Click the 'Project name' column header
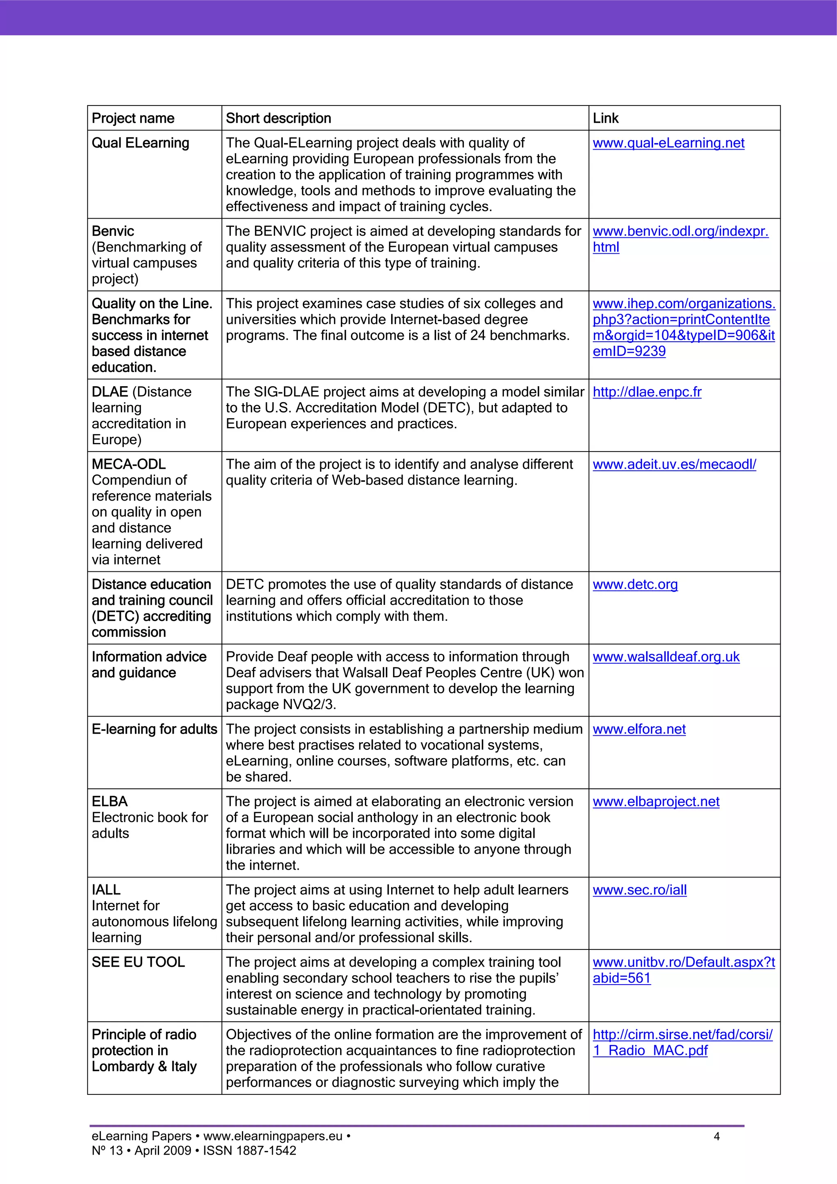pyautogui.click(x=133, y=119)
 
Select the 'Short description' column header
pyautogui.click(x=278, y=119)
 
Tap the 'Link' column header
pyautogui.click(x=605, y=119)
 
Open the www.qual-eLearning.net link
pyautogui.click(x=668, y=143)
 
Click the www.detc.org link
pyautogui.click(x=635, y=585)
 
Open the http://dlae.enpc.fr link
pyautogui.click(x=647, y=392)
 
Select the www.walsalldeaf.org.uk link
pyautogui.click(x=666, y=657)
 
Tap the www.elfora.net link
pyautogui.click(x=639, y=730)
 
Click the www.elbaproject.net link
pyautogui.click(x=656, y=802)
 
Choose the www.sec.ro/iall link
pyautogui.click(x=640, y=890)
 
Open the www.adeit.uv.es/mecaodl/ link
pyautogui.click(x=674, y=465)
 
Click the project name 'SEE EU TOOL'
pyautogui.click(x=138, y=962)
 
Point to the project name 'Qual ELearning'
pyautogui.click(x=140, y=143)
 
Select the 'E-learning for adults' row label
pyautogui.click(x=154, y=730)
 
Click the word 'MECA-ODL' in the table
pyautogui.click(x=128, y=465)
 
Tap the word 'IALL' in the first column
pyautogui.click(x=106, y=890)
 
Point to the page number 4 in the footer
pyautogui.click(x=716, y=1137)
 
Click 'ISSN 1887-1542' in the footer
pyautogui.click(x=250, y=1151)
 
